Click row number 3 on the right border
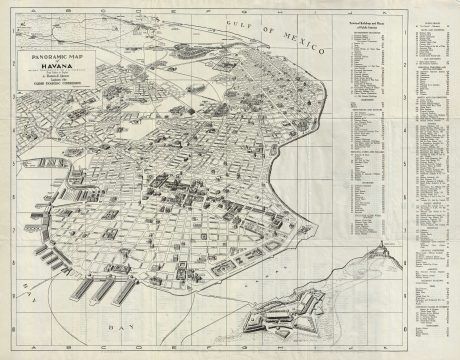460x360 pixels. [453, 125]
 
